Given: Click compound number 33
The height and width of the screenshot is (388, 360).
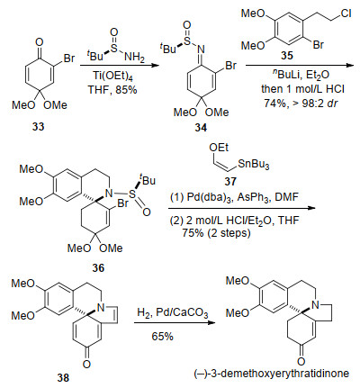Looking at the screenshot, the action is (x=39, y=127).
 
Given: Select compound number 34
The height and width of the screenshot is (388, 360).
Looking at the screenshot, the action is (x=201, y=128).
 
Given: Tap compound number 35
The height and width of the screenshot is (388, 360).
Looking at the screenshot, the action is (x=287, y=56).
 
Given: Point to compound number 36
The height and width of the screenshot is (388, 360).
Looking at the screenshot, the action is (x=98, y=267).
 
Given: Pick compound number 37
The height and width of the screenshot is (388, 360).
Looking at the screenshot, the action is (x=230, y=181).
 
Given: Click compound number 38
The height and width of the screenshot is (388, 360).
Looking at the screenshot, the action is (x=63, y=377).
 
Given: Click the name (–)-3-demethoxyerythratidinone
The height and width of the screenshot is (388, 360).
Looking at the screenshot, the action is (x=272, y=374).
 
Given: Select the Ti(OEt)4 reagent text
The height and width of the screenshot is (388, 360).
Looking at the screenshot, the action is (x=112, y=76).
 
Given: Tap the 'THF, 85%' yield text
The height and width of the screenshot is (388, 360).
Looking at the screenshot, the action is (x=112, y=89).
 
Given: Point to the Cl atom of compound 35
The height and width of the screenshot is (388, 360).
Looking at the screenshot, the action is (x=346, y=14).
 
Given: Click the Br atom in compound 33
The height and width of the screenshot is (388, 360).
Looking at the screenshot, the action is (x=69, y=58).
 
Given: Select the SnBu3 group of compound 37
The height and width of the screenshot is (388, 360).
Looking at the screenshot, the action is (x=254, y=164).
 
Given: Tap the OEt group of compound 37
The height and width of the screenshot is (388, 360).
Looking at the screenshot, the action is (x=219, y=148).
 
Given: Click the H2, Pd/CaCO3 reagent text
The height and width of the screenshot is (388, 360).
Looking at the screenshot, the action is (x=172, y=313).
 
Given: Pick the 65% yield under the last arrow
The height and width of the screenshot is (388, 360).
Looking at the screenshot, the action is (x=162, y=336).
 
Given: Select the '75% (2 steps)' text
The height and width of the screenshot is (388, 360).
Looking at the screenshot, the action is (x=216, y=233).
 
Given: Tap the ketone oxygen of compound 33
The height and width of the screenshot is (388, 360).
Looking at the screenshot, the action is (x=39, y=42).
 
